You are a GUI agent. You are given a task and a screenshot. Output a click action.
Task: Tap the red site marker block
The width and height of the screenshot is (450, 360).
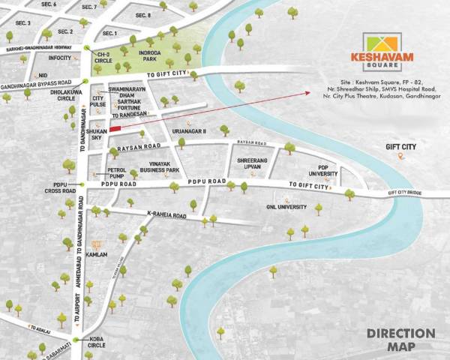click(x=115, y=129)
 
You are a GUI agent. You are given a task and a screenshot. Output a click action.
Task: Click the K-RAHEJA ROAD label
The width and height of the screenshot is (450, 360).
click(x=166, y=215)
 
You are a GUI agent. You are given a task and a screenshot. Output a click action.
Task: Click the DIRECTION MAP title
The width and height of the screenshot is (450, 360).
click(x=400, y=339)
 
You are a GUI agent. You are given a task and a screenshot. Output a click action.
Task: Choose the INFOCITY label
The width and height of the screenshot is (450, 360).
click(x=59, y=58)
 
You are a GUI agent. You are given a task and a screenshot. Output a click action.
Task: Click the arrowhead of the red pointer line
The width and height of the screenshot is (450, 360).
click(x=308, y=92)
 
